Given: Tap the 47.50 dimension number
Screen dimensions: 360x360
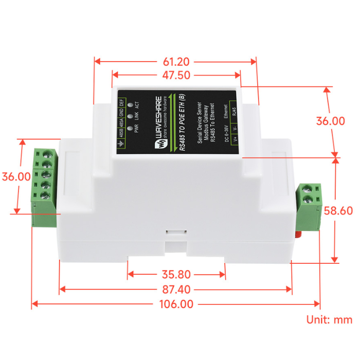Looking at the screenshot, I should [176, 75].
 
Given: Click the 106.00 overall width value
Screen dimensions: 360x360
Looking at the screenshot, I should [176, 304].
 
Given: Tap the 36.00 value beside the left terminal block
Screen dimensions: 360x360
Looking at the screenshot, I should [16, 176].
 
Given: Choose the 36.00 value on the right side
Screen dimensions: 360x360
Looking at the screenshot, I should [330, 121].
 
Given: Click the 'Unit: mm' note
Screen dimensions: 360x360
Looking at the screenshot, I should [329, 320].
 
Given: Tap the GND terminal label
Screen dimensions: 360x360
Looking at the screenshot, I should [121, 113].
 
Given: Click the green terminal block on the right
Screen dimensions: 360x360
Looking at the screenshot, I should [311, 206].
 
